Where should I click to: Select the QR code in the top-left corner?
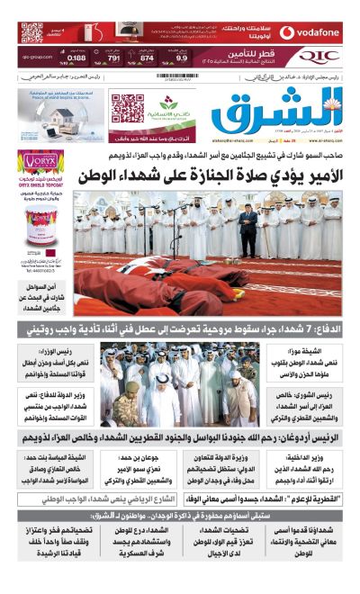pos(31,33)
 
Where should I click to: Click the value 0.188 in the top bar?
pos(76,58)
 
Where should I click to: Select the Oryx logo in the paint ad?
pos(40,166)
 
